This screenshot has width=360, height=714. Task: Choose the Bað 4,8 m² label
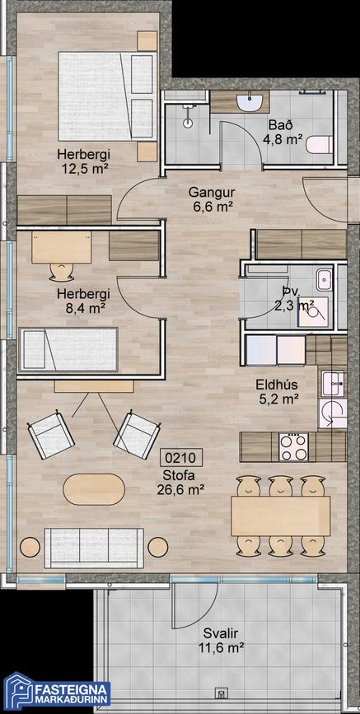[x=278, y=132]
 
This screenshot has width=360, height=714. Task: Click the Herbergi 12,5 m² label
[x=83, y=161]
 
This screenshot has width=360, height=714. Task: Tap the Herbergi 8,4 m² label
[x=83, y=301]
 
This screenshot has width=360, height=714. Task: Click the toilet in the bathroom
[x=318, y=145]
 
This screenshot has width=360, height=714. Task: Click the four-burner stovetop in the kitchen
[x=293, y=446]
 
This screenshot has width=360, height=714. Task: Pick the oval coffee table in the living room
[x=96, y=488]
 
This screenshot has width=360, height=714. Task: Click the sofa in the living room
[x=92, y=545]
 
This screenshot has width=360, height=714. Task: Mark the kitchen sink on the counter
[x=333, y=382]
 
